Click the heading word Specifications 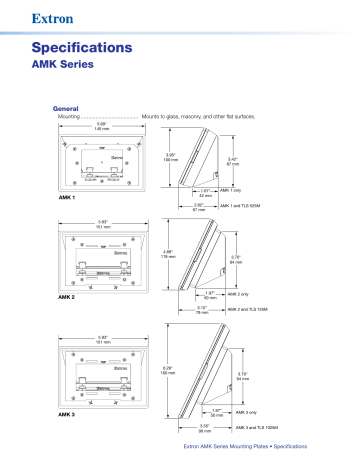click(x=82, y=47)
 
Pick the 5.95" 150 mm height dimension click(x=169, y=158)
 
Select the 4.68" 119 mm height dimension click(x=169, y=255)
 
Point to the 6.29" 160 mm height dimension click(x=169, y=371)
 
